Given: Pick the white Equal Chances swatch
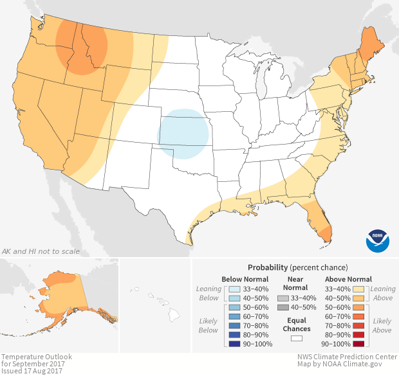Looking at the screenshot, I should coord(297,337).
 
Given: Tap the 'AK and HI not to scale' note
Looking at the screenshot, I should coord(40,251).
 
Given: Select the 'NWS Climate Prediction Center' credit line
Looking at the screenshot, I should coord(346,357).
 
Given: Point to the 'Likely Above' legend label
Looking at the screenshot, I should coord(382,325).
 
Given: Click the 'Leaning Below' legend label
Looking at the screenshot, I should coord(209,294).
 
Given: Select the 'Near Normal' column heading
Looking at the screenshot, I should coord(297,283).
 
